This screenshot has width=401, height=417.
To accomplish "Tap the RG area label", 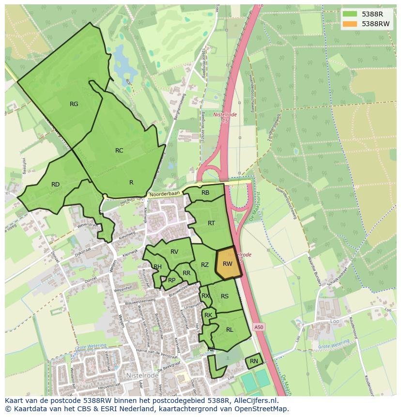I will [x=74, y=104].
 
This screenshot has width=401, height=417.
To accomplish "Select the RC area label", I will [x=119, y=151].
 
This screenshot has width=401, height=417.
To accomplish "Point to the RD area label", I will [x=55, y=185].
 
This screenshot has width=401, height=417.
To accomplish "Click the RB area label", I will [x=205, y=193].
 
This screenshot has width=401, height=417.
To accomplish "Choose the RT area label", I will [x=211, y=223].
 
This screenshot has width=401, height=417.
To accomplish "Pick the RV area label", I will [x=174, y=251].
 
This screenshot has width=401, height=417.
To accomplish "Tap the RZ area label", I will [x=205, y=265].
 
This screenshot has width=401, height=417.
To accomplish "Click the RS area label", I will [x=225, y=296].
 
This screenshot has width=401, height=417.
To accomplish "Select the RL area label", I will [x=230, y=330].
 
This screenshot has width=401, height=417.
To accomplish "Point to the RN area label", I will [x=254, y=361].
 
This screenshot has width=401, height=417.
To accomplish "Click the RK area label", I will [x=208, y=315].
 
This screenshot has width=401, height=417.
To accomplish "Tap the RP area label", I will [x=171, y=280].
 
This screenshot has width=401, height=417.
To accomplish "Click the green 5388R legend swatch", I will [x=350, y=14].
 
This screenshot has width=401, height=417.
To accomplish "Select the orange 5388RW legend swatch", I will [x=350, y=23].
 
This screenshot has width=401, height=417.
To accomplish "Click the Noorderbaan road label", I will [x=165, y=194].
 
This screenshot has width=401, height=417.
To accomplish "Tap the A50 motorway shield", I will [x=259, y=327].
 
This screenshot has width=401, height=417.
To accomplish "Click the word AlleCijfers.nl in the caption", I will [x=254, y=401].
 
